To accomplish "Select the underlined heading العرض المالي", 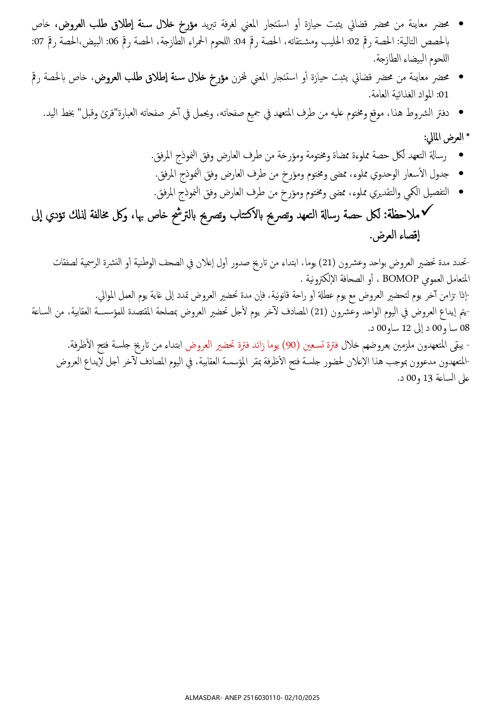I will coord(444,138).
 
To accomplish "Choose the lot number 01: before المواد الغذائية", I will coord(444,95).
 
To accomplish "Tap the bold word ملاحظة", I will coord(402,216).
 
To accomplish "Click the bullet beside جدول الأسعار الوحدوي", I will coord(461,173).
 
